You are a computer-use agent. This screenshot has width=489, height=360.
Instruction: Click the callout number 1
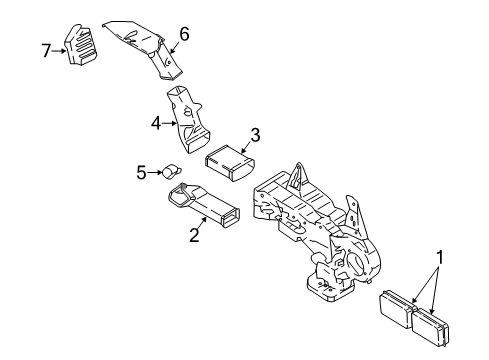click(440, 257)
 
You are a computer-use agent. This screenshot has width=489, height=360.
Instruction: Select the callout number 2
click(194, 235)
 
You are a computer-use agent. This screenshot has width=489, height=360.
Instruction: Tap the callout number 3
click(255, 135)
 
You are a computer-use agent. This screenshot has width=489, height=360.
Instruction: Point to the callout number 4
click(156, 124)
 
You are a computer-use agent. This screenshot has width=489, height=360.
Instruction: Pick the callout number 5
click(141, 173)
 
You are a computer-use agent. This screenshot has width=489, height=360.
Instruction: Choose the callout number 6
click(184, 34)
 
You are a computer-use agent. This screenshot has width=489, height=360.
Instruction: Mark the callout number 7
click(46, 51)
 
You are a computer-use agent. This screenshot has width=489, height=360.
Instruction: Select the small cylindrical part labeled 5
click(172, 171)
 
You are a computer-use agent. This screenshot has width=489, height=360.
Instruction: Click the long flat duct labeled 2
click(203, 204)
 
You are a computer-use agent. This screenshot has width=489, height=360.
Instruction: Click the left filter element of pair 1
click(397, 308)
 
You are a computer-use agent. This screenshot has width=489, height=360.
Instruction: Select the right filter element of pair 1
click(430, 327)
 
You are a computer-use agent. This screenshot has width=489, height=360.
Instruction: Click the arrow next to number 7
click(59, 51)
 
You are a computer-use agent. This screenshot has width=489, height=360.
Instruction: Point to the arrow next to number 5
click(155, 173)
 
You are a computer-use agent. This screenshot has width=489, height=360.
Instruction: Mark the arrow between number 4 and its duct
click(170, 124)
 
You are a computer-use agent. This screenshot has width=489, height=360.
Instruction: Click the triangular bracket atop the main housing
click(298, 177)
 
